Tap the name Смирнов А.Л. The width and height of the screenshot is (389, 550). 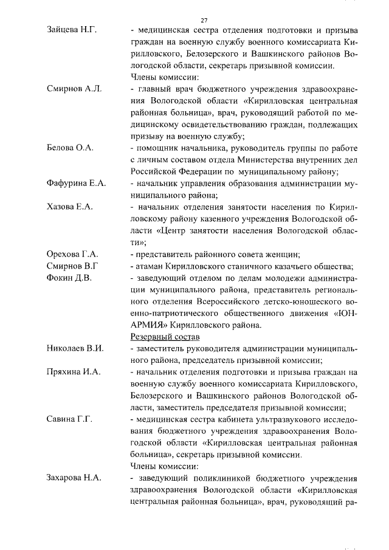74,89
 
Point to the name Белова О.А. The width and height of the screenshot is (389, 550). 70,148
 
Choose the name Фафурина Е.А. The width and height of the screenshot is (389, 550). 77,183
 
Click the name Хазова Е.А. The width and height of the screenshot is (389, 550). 70,207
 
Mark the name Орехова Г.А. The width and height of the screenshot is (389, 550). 72,254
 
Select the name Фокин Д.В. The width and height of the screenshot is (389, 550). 69,278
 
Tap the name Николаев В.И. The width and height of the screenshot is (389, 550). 75,348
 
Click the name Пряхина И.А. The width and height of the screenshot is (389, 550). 74,372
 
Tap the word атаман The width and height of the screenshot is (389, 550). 151,266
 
